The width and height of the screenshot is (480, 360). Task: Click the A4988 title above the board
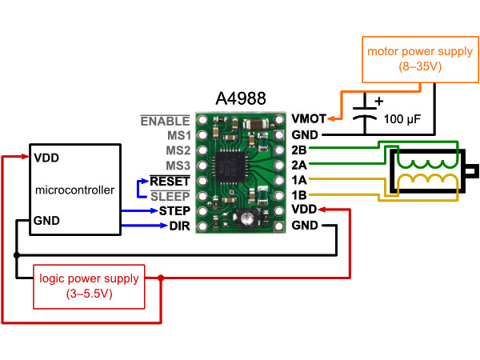[x=241, y=98]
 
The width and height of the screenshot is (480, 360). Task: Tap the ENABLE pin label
[x=165, y=122]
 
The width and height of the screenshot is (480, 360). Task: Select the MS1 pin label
[x=178, y=135]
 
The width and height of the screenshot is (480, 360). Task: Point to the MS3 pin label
[x=178, y=166]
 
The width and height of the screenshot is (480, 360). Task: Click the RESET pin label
[x=170, y=182]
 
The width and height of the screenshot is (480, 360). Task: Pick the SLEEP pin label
[x=170, y=197]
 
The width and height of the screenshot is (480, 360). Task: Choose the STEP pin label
[x=174, y=211]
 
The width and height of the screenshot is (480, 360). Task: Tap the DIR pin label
[x=180, y=226]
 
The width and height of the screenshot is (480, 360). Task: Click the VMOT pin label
[x=309, y=118]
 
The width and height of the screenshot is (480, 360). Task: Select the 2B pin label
[x=299, y=150]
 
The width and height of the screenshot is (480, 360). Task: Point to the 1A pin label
[x=299, y=180]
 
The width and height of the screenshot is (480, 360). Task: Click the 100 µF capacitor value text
[x=402, y=119]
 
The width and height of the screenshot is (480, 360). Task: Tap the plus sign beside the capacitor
[x=379, y=101]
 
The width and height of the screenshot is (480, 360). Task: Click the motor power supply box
[x=420, y=60]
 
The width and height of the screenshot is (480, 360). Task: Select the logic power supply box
[x=89, y=286]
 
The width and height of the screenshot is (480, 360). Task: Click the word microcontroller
[x=74, y=190]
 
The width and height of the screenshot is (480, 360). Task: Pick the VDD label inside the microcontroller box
[x=46, y=158]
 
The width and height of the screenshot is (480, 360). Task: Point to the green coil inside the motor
[x=427, y=164]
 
